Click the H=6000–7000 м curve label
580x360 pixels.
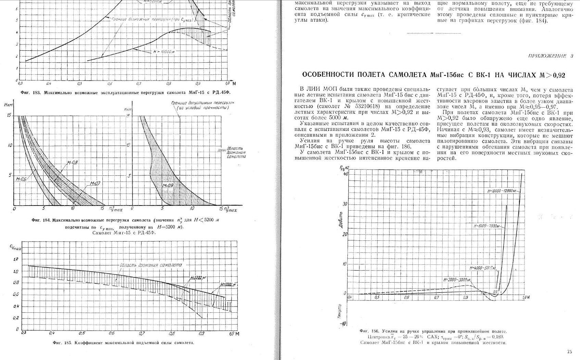pyautogui.click(x=486, y=226)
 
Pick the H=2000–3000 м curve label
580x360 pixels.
pyautogui.click(x=457, y=280)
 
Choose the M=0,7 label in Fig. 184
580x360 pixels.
pyautogui.click(x=95, y=184)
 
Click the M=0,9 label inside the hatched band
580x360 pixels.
pyautogui.click(x=168, y=185)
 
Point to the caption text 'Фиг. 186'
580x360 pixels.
pyautogui.click(x=369, y=331)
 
